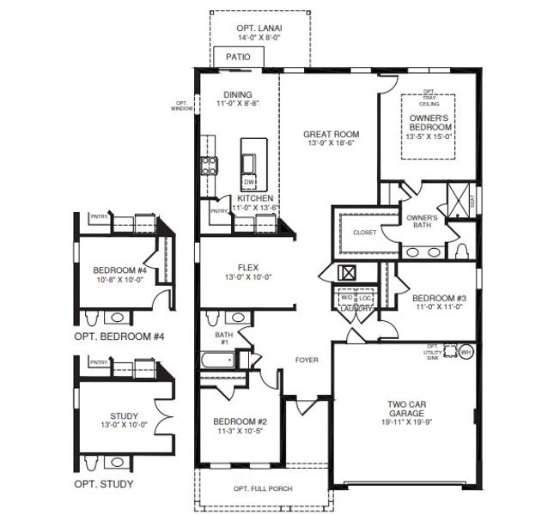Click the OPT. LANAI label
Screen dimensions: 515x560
[x=259, y=27]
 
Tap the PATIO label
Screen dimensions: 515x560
[x=238, y=58]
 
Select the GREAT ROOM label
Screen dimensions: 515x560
[x=331, y=134]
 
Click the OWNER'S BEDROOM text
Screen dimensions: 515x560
[x=429, y=122]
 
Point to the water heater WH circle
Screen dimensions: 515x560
[x=466, y=352]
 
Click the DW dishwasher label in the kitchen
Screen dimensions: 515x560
[x=248, y=183]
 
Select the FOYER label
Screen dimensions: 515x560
[x=307, y=360]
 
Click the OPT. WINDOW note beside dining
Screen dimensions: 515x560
[x=182, y=105]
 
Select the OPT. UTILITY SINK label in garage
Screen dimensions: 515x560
[x=437, y=352]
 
